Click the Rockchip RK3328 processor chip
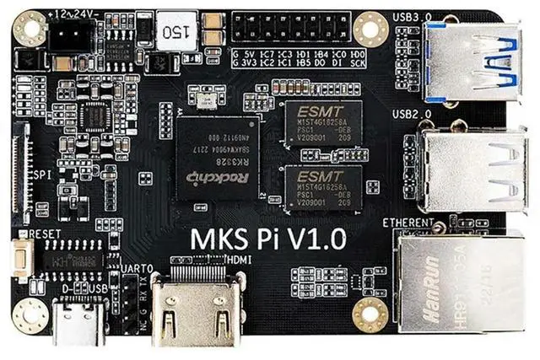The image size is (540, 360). [215, 161]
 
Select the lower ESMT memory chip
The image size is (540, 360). [321, 187]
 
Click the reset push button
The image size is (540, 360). [19, 255]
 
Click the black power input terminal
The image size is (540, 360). [69, 35]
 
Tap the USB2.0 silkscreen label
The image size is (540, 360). [410, 114]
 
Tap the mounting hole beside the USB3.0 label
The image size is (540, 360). [370, 29]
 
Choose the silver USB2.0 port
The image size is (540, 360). [469, 164]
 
